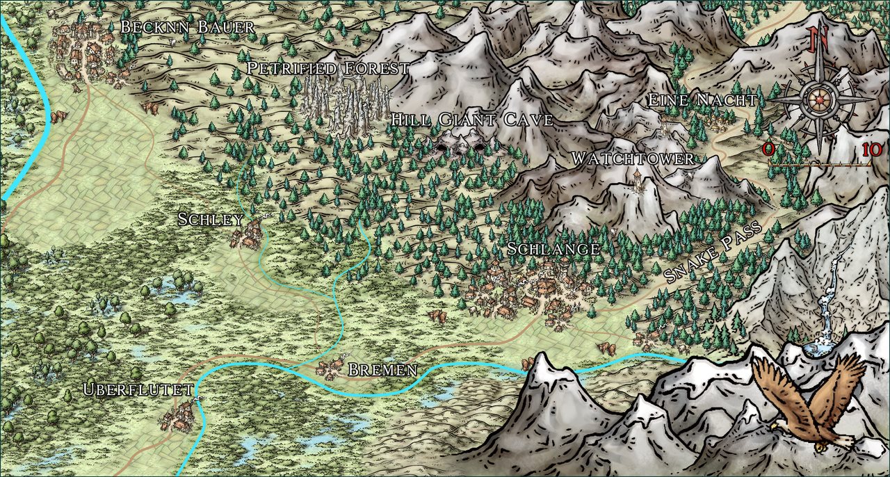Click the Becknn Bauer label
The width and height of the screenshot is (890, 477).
click(x=187, y=27)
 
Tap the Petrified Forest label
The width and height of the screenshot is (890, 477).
click(x=328, y=68)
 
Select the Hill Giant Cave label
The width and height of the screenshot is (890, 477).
click(x=471, y=120)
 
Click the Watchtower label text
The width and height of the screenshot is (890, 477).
click(x=632, y=159)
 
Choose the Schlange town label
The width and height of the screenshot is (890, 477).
click(x=553, y=249)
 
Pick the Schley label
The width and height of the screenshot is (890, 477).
click(x=211, y=220)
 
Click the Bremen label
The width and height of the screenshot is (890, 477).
click(x=382, y=370)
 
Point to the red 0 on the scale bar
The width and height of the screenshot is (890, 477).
click(x=768, y=149)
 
